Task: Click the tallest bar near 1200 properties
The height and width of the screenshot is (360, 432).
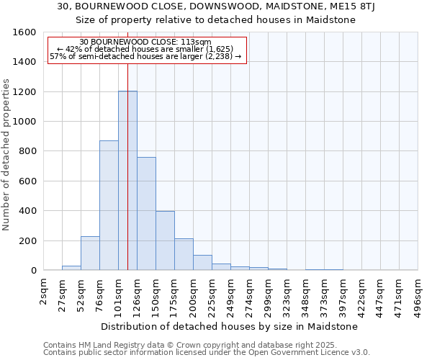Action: [127, 180]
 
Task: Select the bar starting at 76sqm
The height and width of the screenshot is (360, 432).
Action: [109, 205]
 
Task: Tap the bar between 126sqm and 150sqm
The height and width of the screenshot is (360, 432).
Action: [146, 213]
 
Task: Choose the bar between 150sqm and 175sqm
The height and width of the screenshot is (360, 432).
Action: [165, 240]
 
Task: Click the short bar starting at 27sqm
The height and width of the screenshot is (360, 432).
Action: [71, 268]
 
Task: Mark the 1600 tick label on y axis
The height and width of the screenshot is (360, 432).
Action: [24, 32]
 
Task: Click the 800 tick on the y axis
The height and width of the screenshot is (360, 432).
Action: [27, 151]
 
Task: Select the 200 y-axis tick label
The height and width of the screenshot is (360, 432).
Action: [27, 240]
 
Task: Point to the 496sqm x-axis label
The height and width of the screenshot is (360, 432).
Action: [418, 294]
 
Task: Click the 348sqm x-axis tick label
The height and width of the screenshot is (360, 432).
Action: [306, 294]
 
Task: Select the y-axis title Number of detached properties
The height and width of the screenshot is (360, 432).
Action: [6, 151]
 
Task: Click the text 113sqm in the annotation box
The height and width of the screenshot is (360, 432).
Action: [197, 42]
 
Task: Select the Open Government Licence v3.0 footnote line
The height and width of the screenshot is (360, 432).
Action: [206, 352]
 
